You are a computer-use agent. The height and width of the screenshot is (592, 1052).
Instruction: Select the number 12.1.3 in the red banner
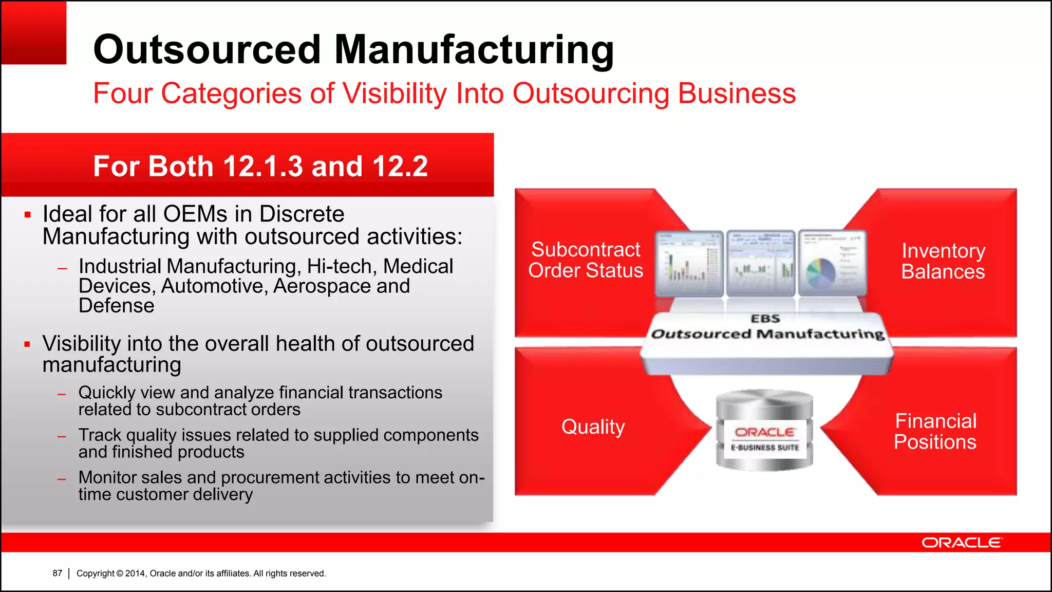coord(263,166)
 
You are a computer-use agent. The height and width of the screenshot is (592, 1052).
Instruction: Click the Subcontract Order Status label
coord(586,260)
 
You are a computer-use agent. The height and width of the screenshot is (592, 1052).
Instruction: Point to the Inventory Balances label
coord(943,261)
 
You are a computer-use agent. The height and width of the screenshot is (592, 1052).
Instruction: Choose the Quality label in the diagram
coord(593,427)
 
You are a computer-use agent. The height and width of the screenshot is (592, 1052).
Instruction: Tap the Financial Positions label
coord(935,432)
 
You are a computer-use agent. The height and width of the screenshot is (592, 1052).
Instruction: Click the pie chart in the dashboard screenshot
coord(821,272)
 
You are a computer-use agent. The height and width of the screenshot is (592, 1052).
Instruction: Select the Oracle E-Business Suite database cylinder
coord(765,431)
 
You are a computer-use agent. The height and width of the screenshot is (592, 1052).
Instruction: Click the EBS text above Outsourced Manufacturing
coord(765,319)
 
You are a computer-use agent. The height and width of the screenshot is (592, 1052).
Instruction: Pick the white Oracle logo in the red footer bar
coord(961,543)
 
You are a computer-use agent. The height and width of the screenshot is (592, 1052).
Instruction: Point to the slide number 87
coord(58,573)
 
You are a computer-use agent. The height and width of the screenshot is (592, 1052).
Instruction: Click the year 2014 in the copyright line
coord(136,573)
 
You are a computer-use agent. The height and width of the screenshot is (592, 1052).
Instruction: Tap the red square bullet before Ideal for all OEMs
coord(28,214)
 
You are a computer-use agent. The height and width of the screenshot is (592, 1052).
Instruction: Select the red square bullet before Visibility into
coord(28,344)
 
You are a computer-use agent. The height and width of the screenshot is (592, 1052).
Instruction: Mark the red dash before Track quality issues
coord(62,437)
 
